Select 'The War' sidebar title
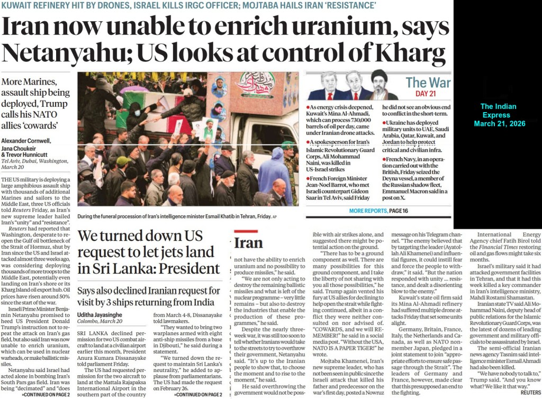(428, 83)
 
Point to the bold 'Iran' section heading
(248, 242)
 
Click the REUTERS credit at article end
(530, 392)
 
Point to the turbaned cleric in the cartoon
(379, 85)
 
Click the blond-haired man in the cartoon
(329, 85)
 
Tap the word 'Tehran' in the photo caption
(236, 216)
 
